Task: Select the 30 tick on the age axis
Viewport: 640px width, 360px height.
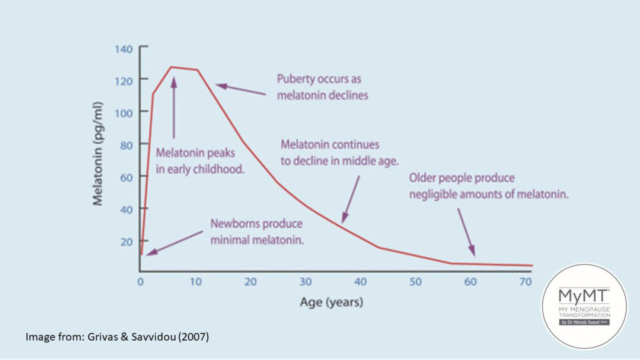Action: tap(306, 282)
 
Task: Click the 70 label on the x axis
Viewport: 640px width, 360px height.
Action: tap(526, 282)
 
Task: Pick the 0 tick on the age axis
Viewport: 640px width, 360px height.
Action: tap(140, 282)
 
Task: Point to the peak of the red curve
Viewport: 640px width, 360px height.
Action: tap(172, 67)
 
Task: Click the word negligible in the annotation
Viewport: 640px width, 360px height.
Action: tap(432, 194)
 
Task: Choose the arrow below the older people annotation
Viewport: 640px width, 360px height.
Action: tap(466, 231)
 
